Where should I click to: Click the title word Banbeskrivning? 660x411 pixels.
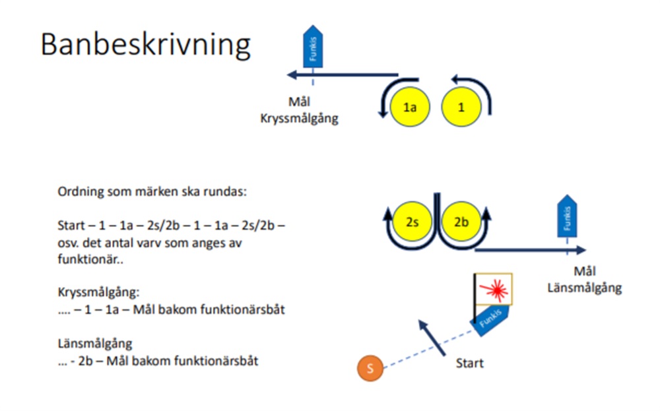146,45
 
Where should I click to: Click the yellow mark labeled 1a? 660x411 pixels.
410,108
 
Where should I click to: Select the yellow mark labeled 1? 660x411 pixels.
461,108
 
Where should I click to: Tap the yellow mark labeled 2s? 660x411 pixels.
412,221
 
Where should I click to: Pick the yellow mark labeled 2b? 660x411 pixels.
461,221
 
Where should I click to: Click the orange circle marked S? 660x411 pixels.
370,368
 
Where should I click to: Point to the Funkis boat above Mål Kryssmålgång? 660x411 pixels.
313,46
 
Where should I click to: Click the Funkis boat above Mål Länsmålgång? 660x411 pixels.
567,216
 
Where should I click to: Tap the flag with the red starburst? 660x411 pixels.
494,289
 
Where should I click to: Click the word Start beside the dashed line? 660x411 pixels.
470,363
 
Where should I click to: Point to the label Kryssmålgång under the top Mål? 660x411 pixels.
299,119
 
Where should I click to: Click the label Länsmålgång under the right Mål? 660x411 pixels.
585,288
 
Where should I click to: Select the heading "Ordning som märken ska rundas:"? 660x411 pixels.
152,192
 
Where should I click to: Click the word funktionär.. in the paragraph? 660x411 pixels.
90,259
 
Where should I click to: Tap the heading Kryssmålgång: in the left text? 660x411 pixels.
98,292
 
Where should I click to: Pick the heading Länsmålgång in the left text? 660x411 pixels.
95,344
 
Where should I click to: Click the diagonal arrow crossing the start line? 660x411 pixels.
432,338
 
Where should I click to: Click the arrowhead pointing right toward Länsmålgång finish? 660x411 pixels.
581,250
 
